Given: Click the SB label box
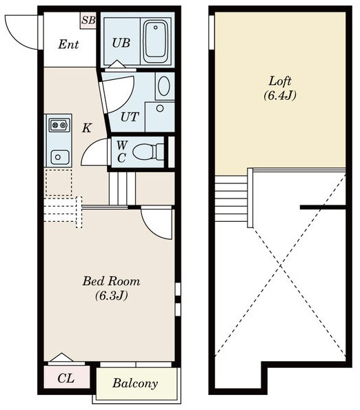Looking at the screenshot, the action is click(x=88, y=21).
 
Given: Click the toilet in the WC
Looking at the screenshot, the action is click(x=148, y=152).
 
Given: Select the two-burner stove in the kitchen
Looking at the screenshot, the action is click(x=59, y=125).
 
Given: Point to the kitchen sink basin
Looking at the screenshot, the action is click(x=60, y=157).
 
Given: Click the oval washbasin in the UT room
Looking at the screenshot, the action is click(x=164, y=85).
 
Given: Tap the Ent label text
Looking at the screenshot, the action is click(x=68, y=44).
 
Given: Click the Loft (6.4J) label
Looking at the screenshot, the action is click(x=280, y=88).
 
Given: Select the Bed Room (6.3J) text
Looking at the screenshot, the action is click(x=112, y=288).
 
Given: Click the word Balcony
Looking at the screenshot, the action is click(x=135, y=383).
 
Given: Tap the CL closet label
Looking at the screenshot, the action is click(x=66, y=378).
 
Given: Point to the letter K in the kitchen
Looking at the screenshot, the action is click(x=87, y=128).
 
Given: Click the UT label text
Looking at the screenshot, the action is click(x=130, y=117).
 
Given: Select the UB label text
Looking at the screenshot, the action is click(x=121, y=43).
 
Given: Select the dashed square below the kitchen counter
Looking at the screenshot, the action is click(x=59, y=183).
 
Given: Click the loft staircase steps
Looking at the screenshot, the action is click(x=231, y=198).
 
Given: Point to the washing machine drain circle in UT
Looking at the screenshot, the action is click(x=160, y=108).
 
